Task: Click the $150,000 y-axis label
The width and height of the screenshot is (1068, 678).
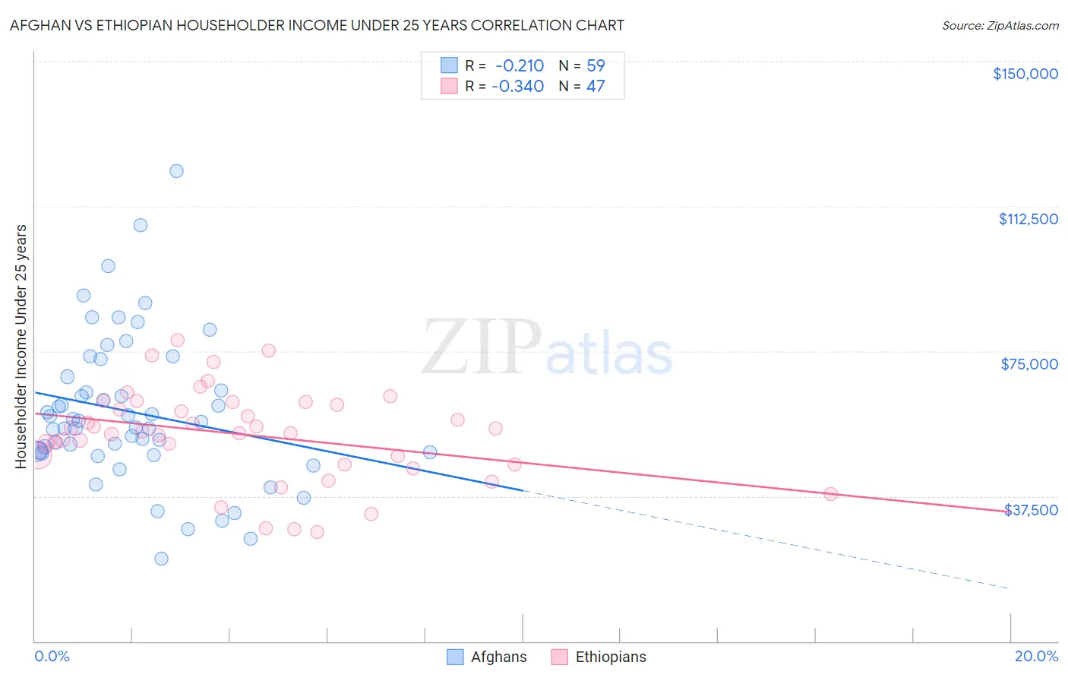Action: [x=1025, y=74]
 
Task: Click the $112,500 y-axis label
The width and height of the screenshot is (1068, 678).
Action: [x=1028, y=219]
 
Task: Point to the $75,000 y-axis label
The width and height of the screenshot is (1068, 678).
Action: [x=1029, y=364]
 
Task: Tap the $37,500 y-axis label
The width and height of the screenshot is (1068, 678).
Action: [x=1031, y=510]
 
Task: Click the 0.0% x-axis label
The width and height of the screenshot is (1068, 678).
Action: [x=52, y=656]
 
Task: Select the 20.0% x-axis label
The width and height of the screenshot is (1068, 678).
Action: [x=1036, y=656]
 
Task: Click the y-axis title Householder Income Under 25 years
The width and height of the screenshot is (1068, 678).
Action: [x=21, y=346]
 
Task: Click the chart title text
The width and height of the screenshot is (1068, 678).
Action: [x=317, y=25]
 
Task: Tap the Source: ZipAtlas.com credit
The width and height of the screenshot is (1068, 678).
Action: [x=1000, y=25]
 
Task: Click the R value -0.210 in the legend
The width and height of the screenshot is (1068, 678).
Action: [x=520, y=66]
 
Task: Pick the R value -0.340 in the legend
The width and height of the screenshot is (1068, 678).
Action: [x=518, y=86]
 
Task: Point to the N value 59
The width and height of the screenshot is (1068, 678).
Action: [x=596, y=66]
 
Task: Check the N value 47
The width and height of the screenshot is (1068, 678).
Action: [x=596, y=86]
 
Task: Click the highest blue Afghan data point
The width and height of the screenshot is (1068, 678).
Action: [x=176, y=171]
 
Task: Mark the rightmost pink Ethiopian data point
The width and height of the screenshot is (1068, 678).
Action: [x=830, y=494]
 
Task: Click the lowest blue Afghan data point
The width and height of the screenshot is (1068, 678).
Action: [x=161, y=559]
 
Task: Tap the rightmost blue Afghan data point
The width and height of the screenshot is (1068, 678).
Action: [x=430, y=452]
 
